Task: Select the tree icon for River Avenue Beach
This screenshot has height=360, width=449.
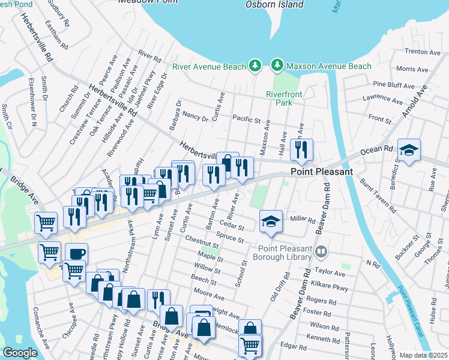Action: pyautogui.click(x=256, y=65)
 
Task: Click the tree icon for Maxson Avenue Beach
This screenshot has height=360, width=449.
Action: pyautogui.click(x=277, y=65)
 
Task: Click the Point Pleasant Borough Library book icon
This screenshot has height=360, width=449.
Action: pyautogui.click(x=322, y=250)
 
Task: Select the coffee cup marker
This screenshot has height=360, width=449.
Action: pyautogui.click(x=76, y=254)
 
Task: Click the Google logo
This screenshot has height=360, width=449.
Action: pyautogui.click(x=20, y=353)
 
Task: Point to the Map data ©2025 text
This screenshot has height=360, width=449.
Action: pyautogui.click(x=423, y=355)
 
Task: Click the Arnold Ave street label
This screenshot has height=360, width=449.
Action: pyautogui.click(x=414, y=101)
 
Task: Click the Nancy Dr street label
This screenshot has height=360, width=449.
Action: pyautogui.click(x=195, y=116)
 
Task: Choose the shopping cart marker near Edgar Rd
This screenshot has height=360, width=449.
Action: pyautogui.click(x=250, y=344)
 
